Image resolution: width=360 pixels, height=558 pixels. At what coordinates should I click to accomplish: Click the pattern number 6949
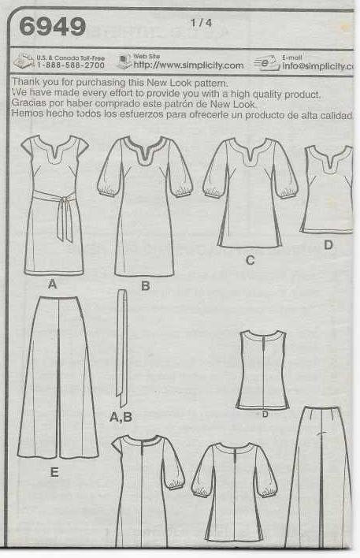click(53, 26)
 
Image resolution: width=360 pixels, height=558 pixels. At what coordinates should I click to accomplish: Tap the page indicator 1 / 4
click(202, 23)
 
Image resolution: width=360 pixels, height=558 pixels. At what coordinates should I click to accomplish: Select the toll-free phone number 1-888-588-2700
click(71, 65)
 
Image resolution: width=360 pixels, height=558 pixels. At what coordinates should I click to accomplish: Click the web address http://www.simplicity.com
click(188, 65)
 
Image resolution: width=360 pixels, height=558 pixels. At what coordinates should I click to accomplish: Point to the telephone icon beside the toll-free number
click(24, 61)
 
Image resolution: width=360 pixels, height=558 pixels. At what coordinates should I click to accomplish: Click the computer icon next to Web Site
click(124, 61)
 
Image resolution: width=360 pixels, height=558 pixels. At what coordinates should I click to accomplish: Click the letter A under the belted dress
click(52, 285)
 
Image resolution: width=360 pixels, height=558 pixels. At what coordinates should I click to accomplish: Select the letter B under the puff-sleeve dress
click(145, 286)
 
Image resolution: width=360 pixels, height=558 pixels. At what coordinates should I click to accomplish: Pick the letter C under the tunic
click(250, 261)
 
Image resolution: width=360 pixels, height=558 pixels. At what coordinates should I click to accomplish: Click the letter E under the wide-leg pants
click(54, 472)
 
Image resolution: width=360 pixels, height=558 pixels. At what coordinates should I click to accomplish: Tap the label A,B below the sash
click(121, 417)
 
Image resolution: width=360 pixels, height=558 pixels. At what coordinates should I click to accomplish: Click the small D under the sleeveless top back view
click(265, 415)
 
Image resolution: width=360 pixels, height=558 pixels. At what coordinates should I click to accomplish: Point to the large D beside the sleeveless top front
click(328, 245)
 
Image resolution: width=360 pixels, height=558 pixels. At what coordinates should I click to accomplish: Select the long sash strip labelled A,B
click(121, 348)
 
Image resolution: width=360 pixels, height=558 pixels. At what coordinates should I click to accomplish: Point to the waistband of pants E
click(58, 298)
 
